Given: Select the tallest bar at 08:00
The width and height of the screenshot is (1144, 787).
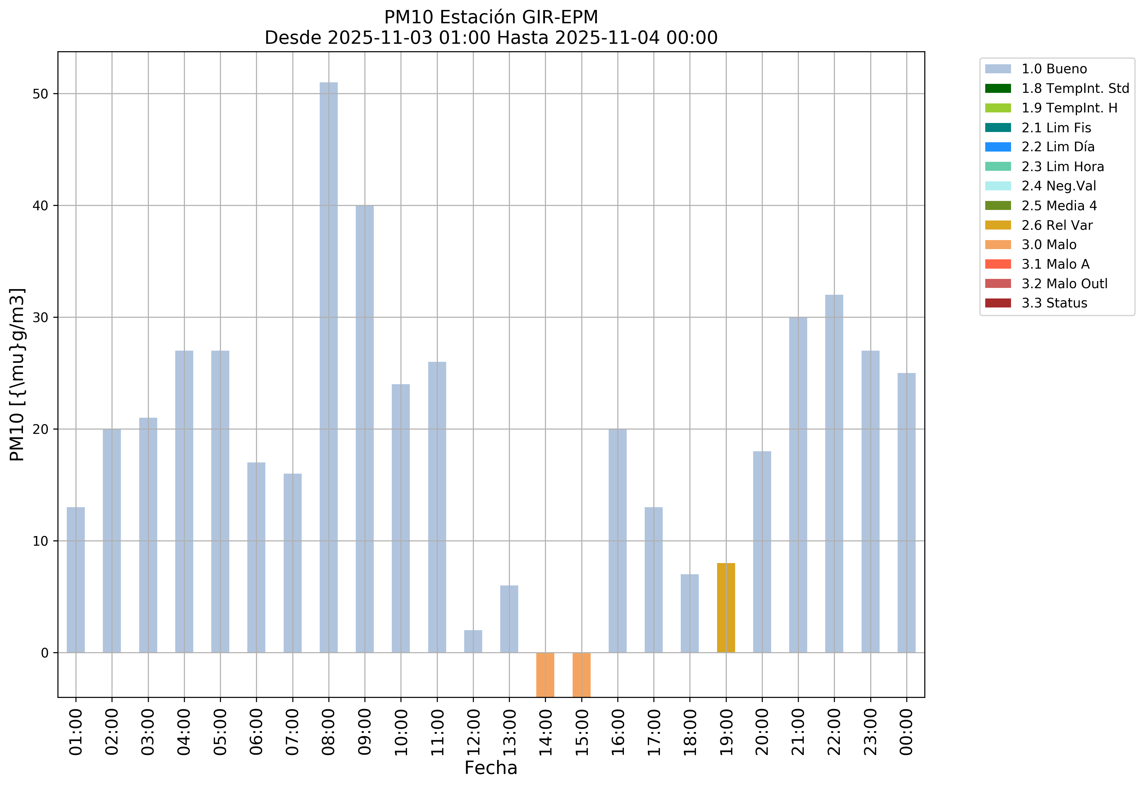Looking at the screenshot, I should click(x=328, y=367).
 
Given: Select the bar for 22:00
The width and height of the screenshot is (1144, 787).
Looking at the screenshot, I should click(x=834, y=473).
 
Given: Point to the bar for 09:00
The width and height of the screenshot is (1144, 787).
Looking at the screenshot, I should click(x=364, y=429).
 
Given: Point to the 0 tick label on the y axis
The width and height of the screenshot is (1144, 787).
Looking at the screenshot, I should click(x=45, y=653).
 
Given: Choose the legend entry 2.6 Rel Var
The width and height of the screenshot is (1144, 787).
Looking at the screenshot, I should click(x=1057, y=225).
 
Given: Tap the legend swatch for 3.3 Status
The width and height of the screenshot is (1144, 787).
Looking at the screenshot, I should click(x=997, y=303).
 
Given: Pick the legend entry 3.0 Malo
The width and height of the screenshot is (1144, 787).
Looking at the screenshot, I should click(x=1048, y=245).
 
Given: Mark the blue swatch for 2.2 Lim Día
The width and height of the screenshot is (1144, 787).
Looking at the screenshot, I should click(x=997, y=147).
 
